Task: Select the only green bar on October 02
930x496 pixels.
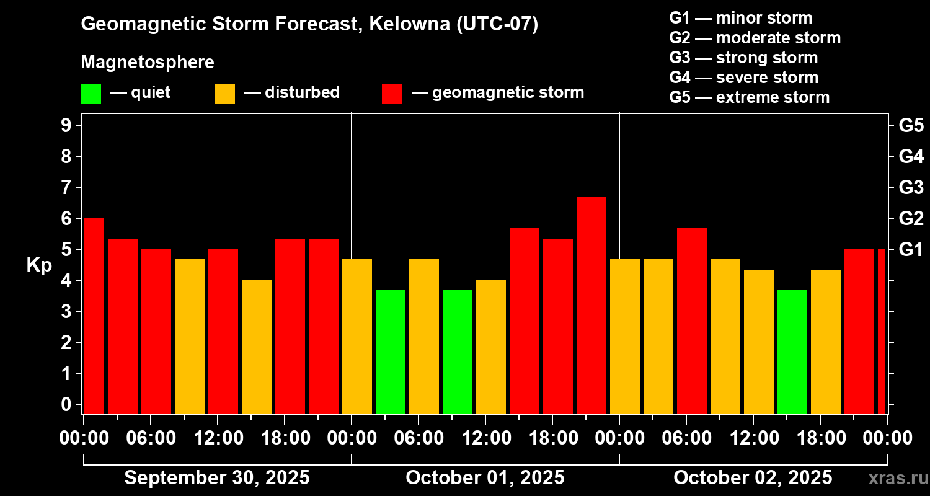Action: tap(792, 352)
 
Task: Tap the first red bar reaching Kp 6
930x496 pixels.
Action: tap(94, 316)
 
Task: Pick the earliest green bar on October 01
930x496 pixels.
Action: tap(390, 352)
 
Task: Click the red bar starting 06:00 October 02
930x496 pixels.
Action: tap(691, 321)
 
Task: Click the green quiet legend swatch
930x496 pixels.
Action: tap(91, 93)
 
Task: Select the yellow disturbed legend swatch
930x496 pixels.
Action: tap(224, 93)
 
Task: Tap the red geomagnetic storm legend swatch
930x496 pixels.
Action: tap(392, 93)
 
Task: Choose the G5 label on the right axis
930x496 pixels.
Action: tap(911, 125)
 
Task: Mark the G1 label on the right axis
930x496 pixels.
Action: tap(911, 249)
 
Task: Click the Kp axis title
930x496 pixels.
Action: tap(38, 265)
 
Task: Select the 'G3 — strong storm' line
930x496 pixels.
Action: tap(743, 58)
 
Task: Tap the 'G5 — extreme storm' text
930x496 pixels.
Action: tap(749, 97)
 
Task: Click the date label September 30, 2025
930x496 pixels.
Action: tap(217, 477)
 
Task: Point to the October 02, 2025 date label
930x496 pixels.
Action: tap(753, 477)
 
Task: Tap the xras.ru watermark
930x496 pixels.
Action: tap(895, 478)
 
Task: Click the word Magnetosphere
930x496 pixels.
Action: tap(148, 63)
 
